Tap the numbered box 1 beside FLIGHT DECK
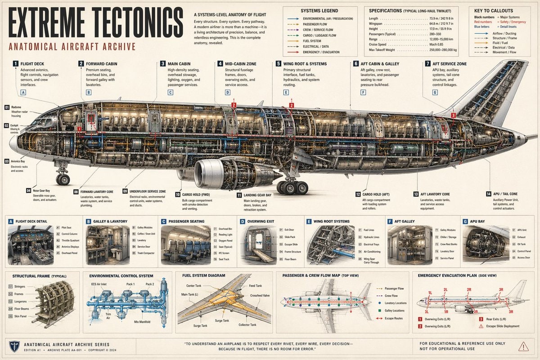[x=15, y=64]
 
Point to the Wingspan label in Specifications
[x=377, y=23]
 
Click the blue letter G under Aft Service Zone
[x=435, y=92]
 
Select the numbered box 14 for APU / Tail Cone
[x=489, y=194]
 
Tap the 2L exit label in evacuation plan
[x=445, y=289]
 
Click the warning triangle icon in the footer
[x=523, y=346]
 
